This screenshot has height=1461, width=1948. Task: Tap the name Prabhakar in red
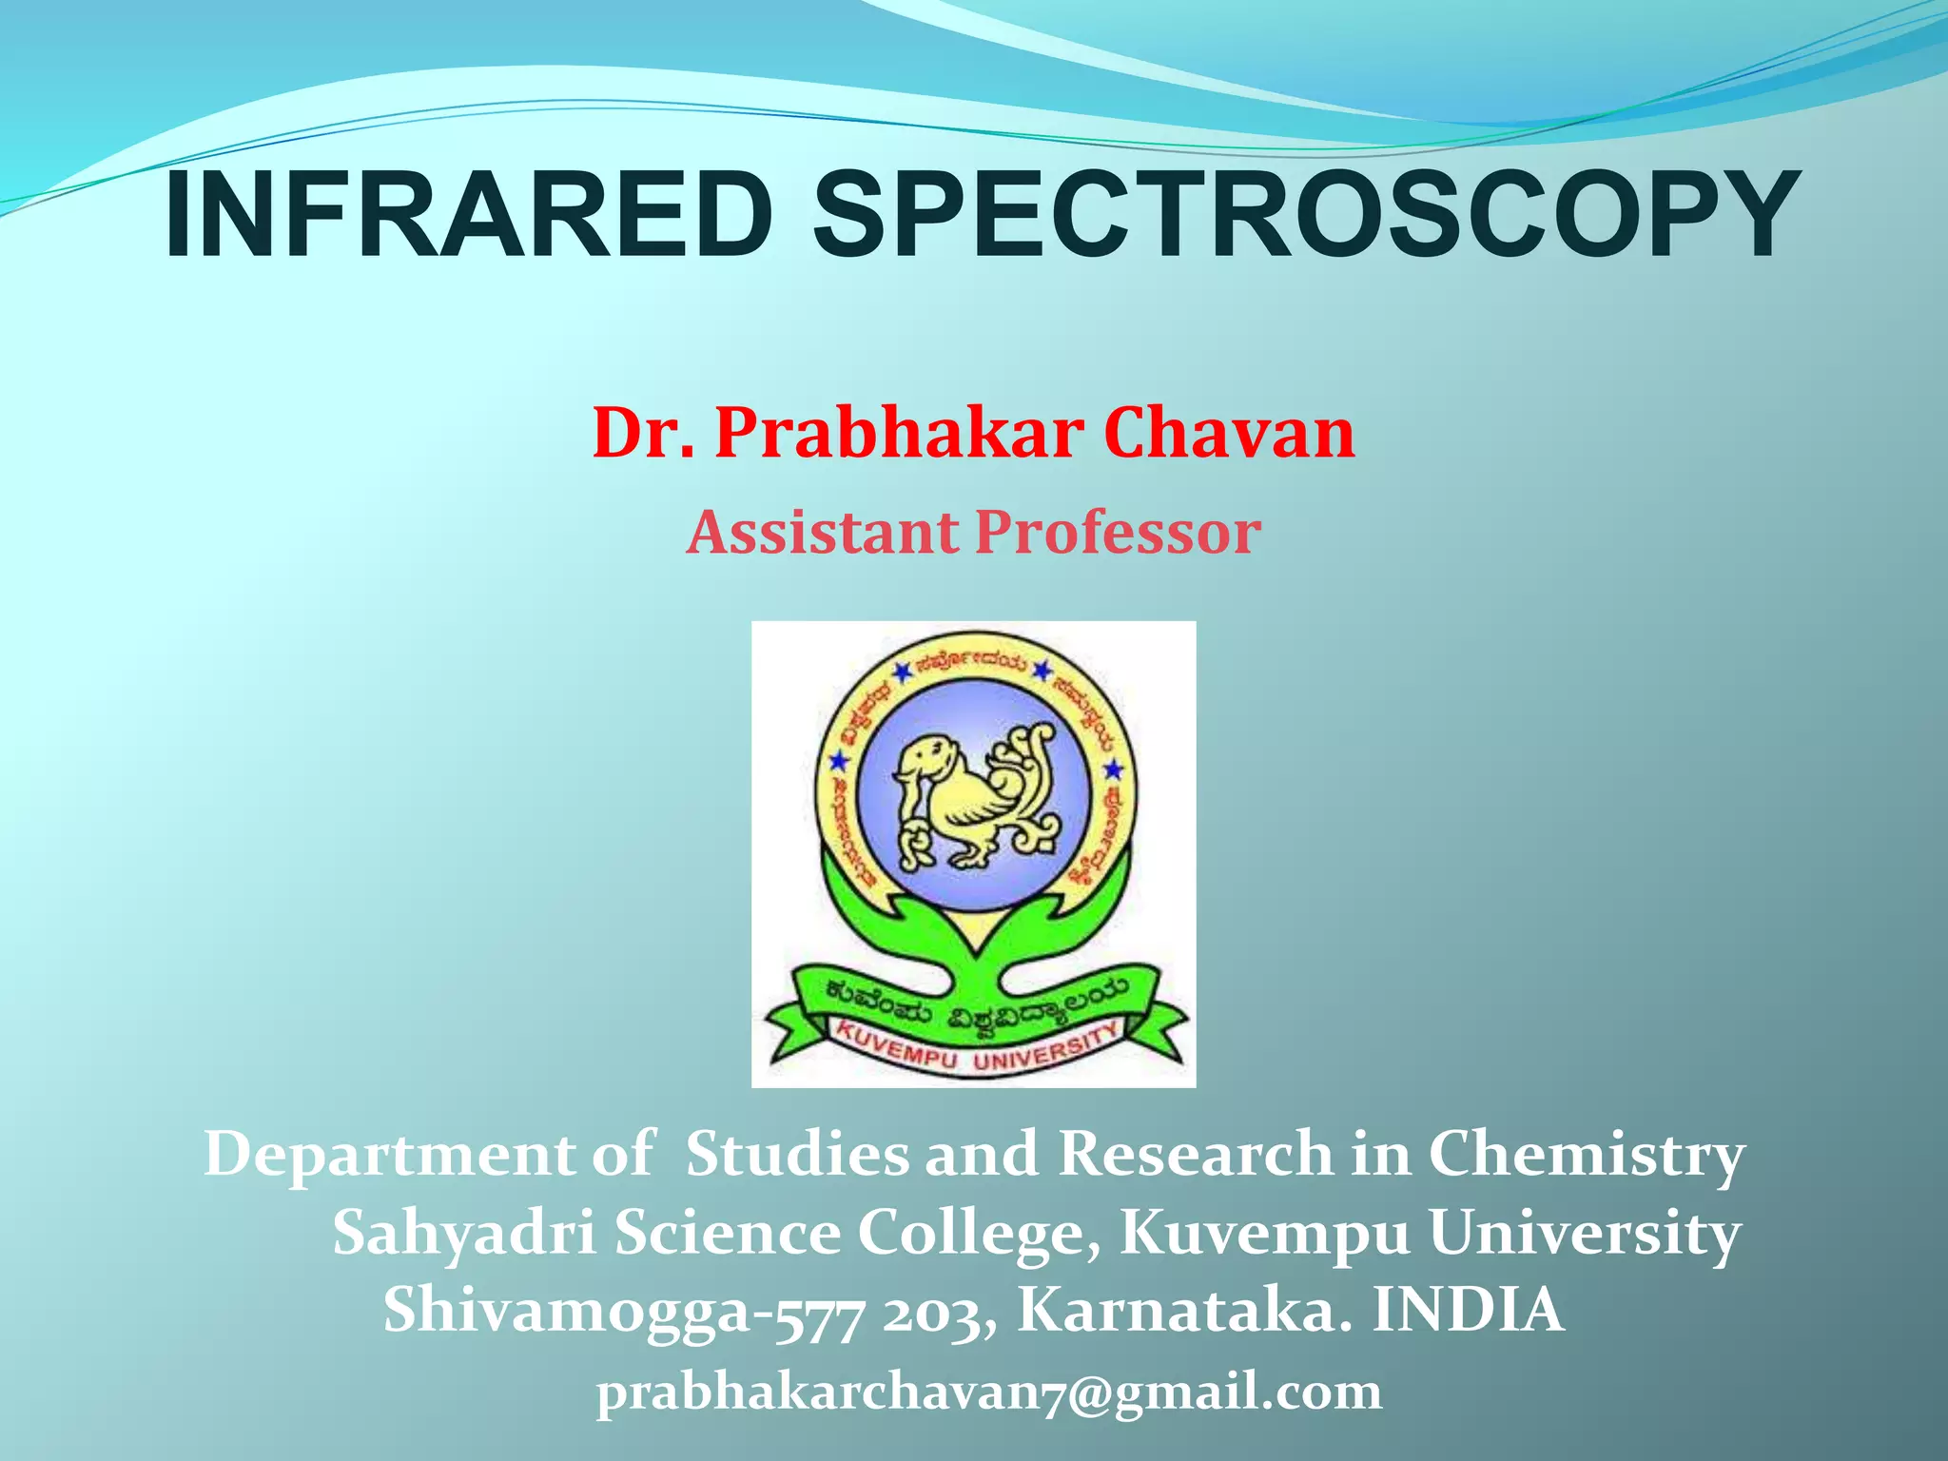click(x=898, y=434)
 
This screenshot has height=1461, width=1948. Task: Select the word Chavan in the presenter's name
click(x=1229, y=434)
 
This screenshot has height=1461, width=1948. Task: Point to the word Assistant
click(x=822, y=533)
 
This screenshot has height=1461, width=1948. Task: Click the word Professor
click(x=1119, y=533)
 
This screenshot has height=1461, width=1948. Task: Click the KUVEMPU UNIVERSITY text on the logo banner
click(x=974, y=1048)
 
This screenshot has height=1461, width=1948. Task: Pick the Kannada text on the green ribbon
click(x=974, y=1006)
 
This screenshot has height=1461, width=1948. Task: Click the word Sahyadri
click(x=464, y=1235)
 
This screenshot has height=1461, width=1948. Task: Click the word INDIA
click(x=1469, y=1311)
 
